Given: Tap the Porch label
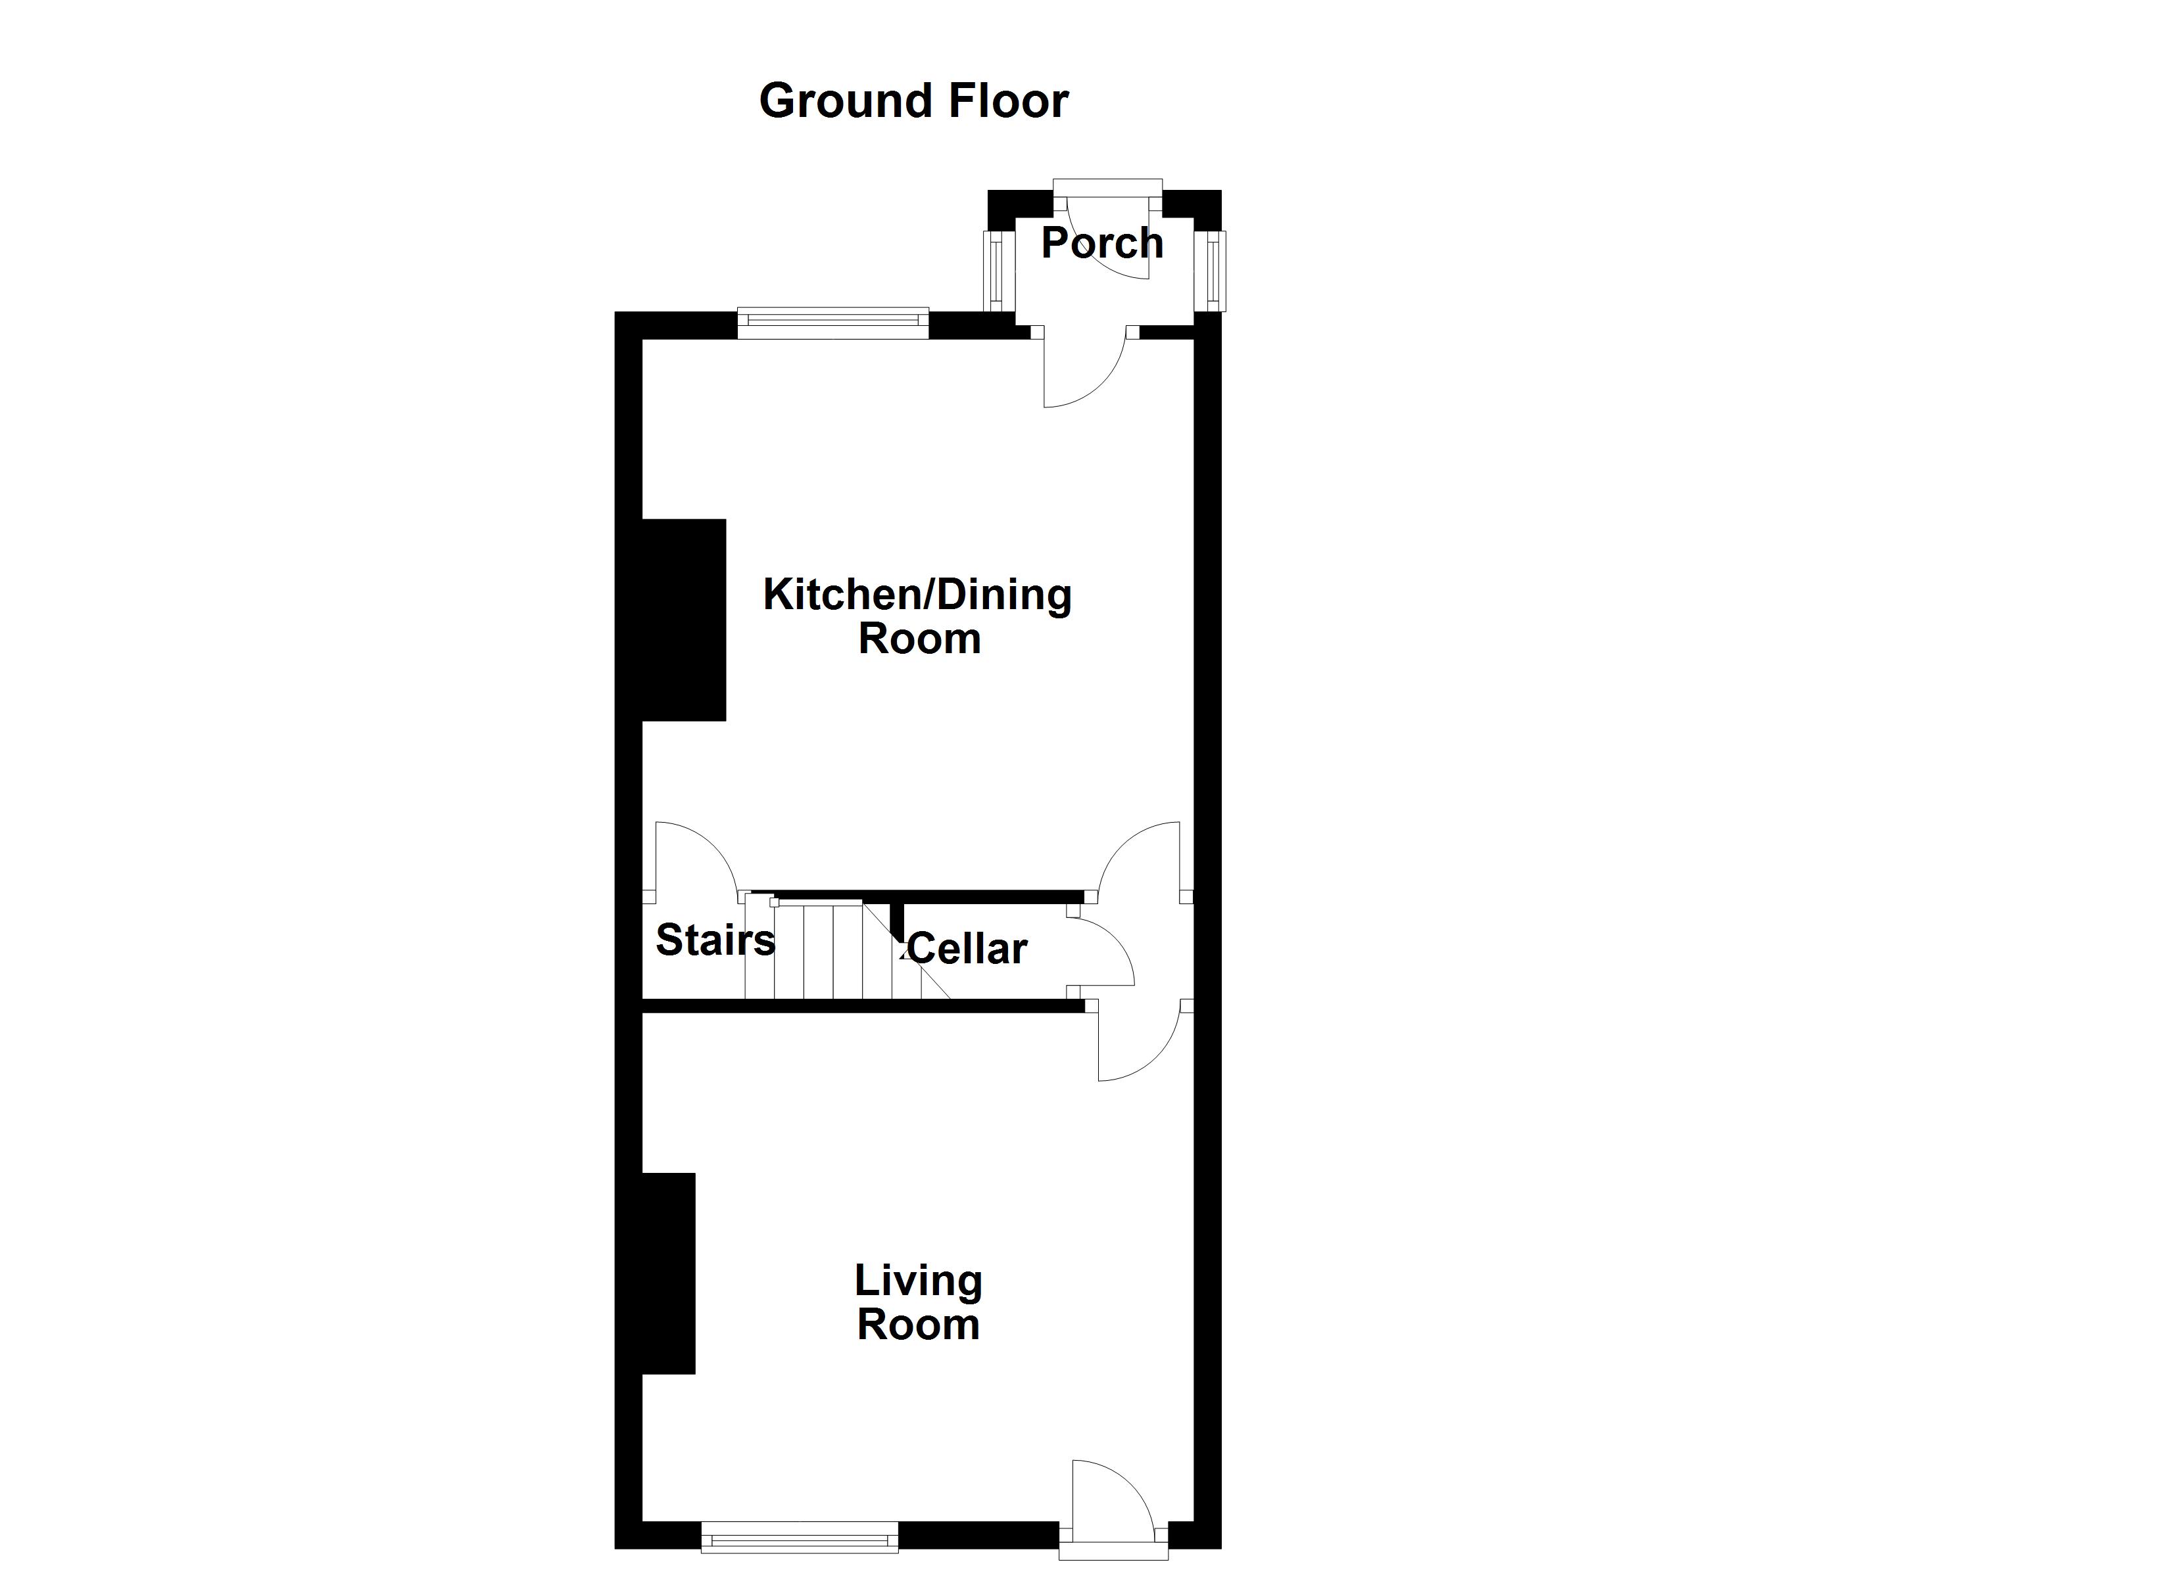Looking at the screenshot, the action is pos(1102,243).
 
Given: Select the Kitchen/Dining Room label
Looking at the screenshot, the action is pos(917,617).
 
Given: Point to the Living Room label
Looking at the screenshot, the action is pos(919,1302).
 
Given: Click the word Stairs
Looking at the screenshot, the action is pos(715,940).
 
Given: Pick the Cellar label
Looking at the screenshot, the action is pos(967,949).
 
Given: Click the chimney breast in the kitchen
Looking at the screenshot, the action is pos(684,620).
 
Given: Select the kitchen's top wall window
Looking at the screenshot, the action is pos(833,323).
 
